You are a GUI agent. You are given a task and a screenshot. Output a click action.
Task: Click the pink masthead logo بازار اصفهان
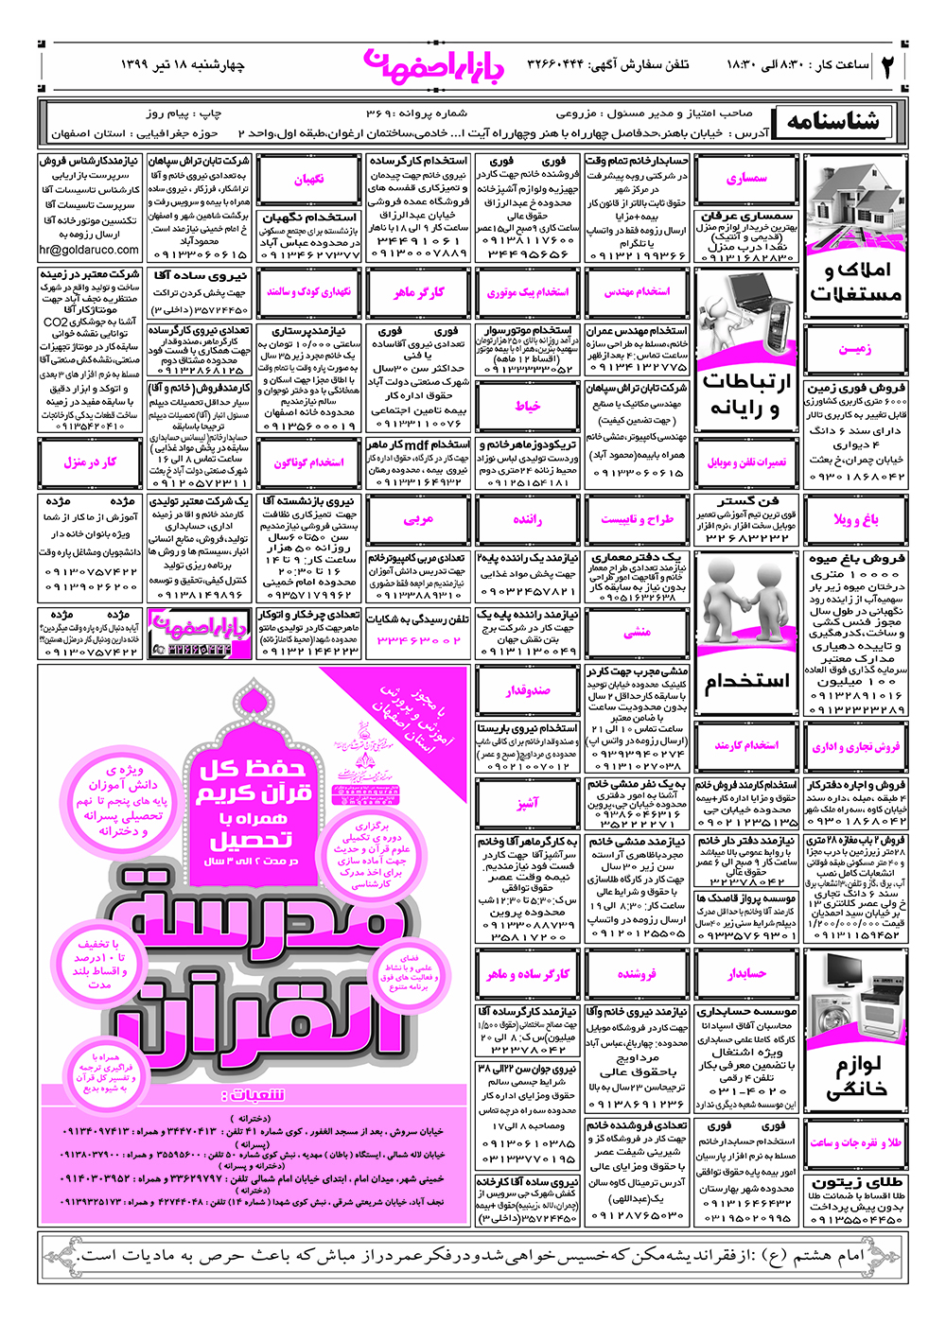click(434, 64)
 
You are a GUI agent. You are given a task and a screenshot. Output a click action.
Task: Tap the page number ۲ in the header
click(889, 65)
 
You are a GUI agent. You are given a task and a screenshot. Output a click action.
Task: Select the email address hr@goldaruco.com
click(89, 251)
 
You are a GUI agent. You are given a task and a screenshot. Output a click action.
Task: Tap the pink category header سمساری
click(746, 178)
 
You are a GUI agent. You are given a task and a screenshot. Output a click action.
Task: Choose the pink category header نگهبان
click(308, 179)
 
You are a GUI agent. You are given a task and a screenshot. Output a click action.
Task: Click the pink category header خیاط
click(528, 406)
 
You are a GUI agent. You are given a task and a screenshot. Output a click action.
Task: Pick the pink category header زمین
click(854, 349)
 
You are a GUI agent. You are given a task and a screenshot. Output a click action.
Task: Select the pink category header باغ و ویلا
click(854, 519)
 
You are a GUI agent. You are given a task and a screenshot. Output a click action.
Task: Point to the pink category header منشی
click(637, 632)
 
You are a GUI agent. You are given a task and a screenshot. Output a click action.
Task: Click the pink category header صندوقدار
click(528, 689)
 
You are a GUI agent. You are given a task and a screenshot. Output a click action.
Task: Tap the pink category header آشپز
click(528, 803)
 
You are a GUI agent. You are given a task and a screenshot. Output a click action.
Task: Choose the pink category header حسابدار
click(746, 973)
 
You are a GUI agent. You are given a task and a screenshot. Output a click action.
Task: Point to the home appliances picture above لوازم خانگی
click(854, 998)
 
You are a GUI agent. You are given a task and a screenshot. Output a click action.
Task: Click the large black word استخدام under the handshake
click(746, 681)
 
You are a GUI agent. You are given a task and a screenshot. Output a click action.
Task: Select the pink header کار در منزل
click(90, 462)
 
